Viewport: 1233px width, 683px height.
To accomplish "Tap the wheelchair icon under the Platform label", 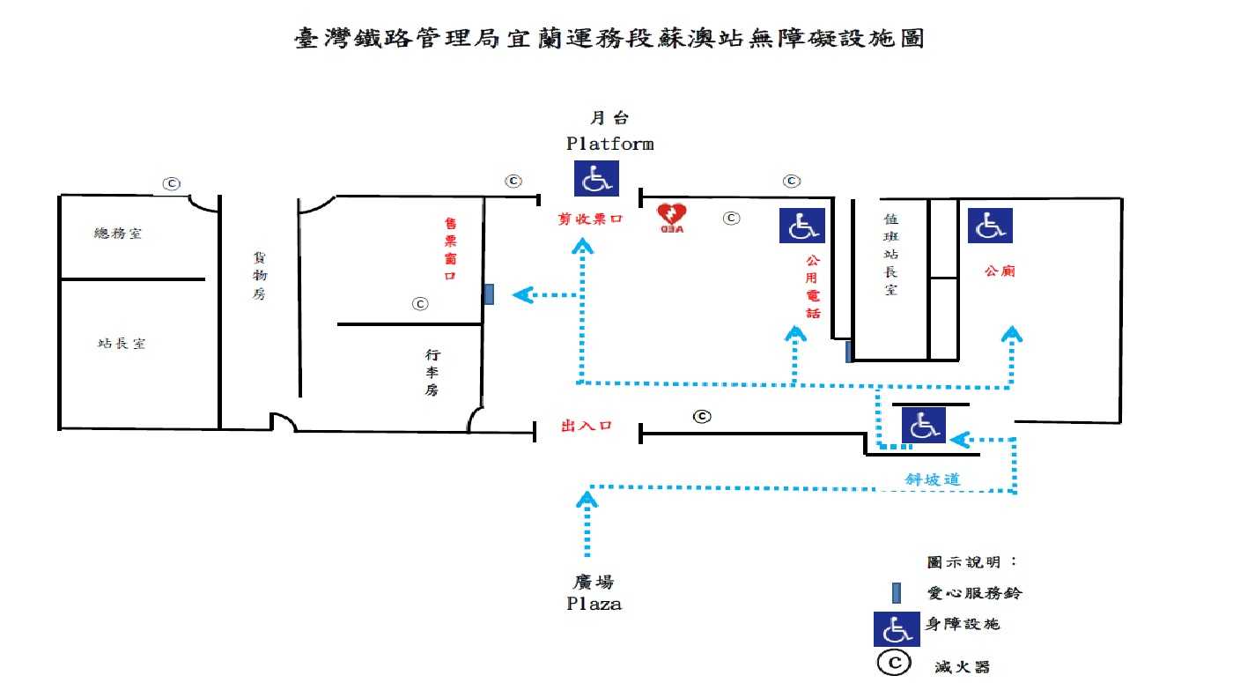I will click(597, 178).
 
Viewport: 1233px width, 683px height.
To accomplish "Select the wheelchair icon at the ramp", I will click(923, 427).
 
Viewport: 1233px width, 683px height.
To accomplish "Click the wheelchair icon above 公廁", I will click(990, 226).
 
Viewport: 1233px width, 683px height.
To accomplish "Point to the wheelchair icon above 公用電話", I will click(802, 226).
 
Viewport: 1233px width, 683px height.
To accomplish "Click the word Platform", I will click(609, 144).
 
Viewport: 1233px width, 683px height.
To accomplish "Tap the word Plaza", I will click(594, 605).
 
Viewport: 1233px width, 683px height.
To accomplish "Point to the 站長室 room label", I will click(122, 344).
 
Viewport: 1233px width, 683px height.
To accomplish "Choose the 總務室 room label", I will click(118, 234).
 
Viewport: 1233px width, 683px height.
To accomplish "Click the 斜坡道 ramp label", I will click(933, 480).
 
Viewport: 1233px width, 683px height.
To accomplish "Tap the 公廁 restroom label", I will click(1000, 271).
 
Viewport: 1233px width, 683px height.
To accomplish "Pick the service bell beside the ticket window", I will click(489, 294).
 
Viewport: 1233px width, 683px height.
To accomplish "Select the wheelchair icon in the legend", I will click(897, 628).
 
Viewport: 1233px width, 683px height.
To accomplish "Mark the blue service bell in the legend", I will click(896, 593).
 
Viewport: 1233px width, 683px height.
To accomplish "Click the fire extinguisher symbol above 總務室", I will click(171, 183).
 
